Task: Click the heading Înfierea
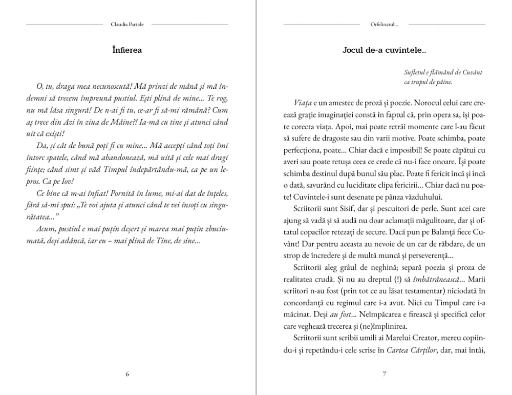[x=127, y=50]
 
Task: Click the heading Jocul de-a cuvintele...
[x=384, y=50]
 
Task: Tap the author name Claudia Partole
[x=127, y=24]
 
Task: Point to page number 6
[x=127, y=374]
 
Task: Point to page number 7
[x=384, y=374]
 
